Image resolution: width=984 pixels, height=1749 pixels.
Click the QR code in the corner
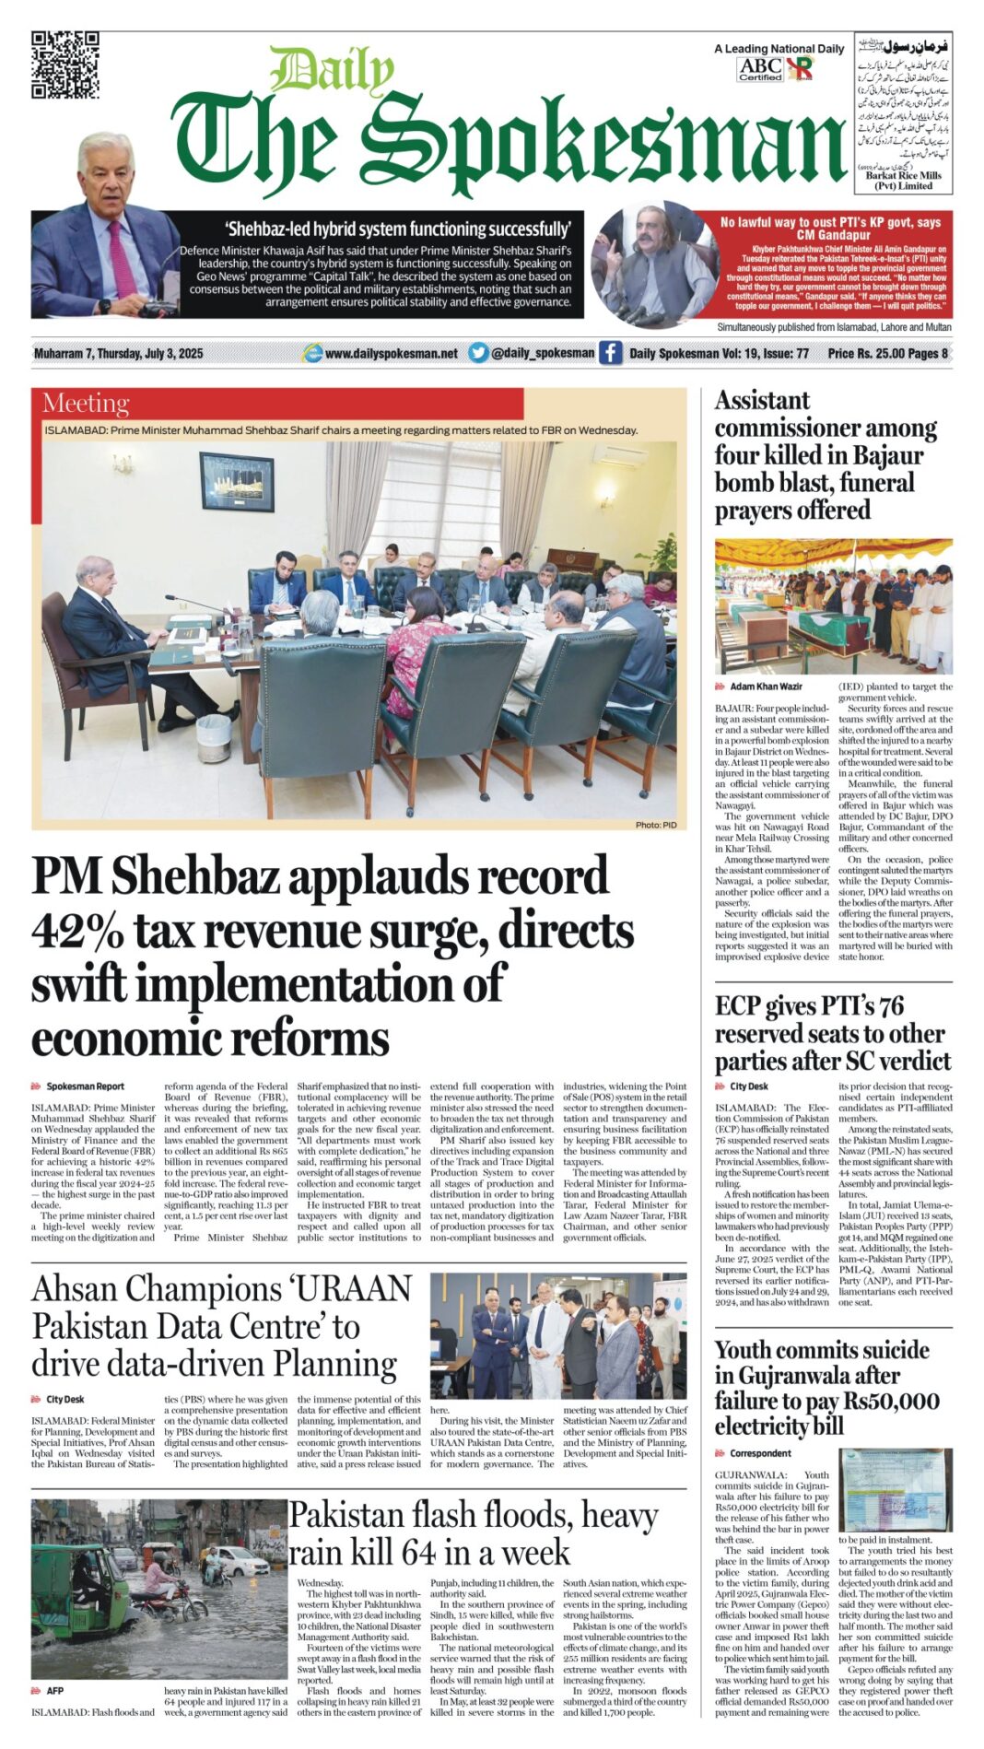64,65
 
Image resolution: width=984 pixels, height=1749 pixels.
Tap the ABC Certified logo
760,69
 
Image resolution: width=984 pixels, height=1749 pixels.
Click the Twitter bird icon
478,352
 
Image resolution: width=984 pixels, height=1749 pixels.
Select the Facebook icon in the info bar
610,352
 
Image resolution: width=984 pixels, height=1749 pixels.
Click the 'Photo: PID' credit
655,825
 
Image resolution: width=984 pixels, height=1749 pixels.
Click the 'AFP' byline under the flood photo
55,1691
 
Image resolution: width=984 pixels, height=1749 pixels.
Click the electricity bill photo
895,1490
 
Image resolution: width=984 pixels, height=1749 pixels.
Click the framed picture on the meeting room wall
237,481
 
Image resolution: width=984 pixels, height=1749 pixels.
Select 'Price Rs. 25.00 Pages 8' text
886,353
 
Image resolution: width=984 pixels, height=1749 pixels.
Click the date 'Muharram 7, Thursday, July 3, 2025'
118,353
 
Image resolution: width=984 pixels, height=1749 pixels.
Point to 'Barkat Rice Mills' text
903,175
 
